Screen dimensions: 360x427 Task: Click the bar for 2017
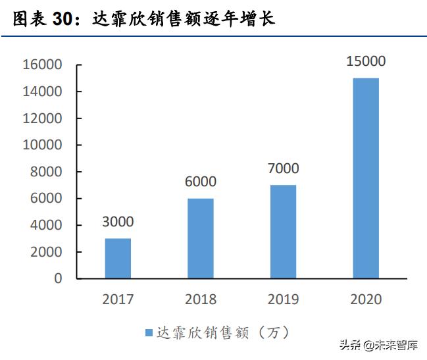[118, 258]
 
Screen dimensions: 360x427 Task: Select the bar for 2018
[201, 238]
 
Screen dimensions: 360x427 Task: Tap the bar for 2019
[283, 232]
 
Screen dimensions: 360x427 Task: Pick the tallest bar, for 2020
[366, 178]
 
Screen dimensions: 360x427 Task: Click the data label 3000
[118, 222]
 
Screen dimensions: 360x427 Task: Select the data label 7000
[283, 168]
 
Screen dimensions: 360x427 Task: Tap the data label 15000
[366, 62]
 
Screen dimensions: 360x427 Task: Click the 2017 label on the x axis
[118, 299]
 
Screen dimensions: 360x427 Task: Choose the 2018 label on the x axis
[201, 299]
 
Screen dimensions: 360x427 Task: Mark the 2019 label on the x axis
[283, 299]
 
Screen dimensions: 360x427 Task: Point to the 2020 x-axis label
[366, 299]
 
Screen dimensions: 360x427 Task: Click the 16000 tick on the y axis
[41, 64]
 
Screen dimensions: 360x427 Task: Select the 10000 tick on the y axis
[41, 145]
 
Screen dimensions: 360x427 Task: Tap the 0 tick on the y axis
[58, 278]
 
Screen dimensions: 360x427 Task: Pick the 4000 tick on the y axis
[45, 225]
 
